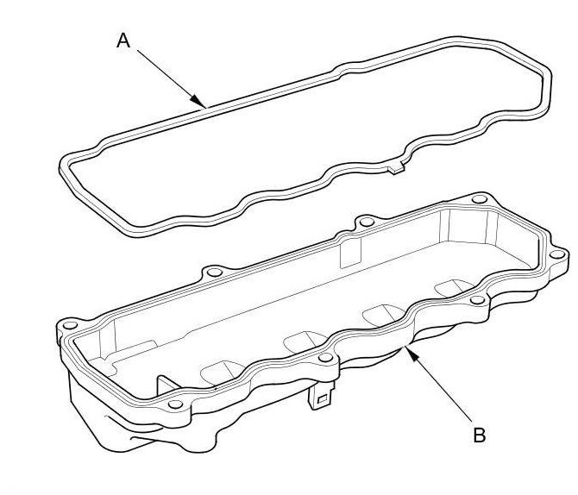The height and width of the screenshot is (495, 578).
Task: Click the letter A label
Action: click(x=123, y=41)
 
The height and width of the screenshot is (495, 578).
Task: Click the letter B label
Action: click(x=479, y=435)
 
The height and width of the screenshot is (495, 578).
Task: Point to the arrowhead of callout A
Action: click(x=198, y=101)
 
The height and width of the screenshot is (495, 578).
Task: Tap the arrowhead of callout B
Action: click(x=411, y=353)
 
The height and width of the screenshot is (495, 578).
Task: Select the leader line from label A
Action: click(x=172, y=78)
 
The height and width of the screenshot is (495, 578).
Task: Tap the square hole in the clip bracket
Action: click(x=322, y=398)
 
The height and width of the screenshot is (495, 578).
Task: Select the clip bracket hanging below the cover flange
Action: click(x=321, y=396)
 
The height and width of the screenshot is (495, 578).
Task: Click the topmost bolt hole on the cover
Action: click(x=479, y=199)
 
